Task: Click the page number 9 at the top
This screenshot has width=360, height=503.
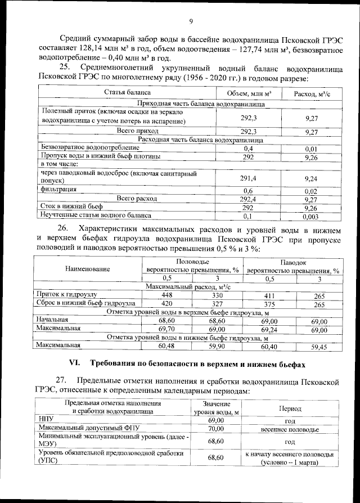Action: click(x=191, y=22)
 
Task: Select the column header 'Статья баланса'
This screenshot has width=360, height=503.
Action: click(x=127, y=92)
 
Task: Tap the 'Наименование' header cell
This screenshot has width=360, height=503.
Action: click(x=87, y=269)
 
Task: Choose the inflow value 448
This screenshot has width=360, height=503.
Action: click(x=166, y=295)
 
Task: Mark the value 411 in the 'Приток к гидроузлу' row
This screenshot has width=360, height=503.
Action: click(x=269, y=295)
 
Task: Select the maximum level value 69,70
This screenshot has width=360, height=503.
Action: click(x=166, y=329)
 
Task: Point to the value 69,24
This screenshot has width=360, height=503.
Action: click(x=269, y=329)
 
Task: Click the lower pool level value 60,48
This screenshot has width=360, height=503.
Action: click(x=166, y=346)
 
